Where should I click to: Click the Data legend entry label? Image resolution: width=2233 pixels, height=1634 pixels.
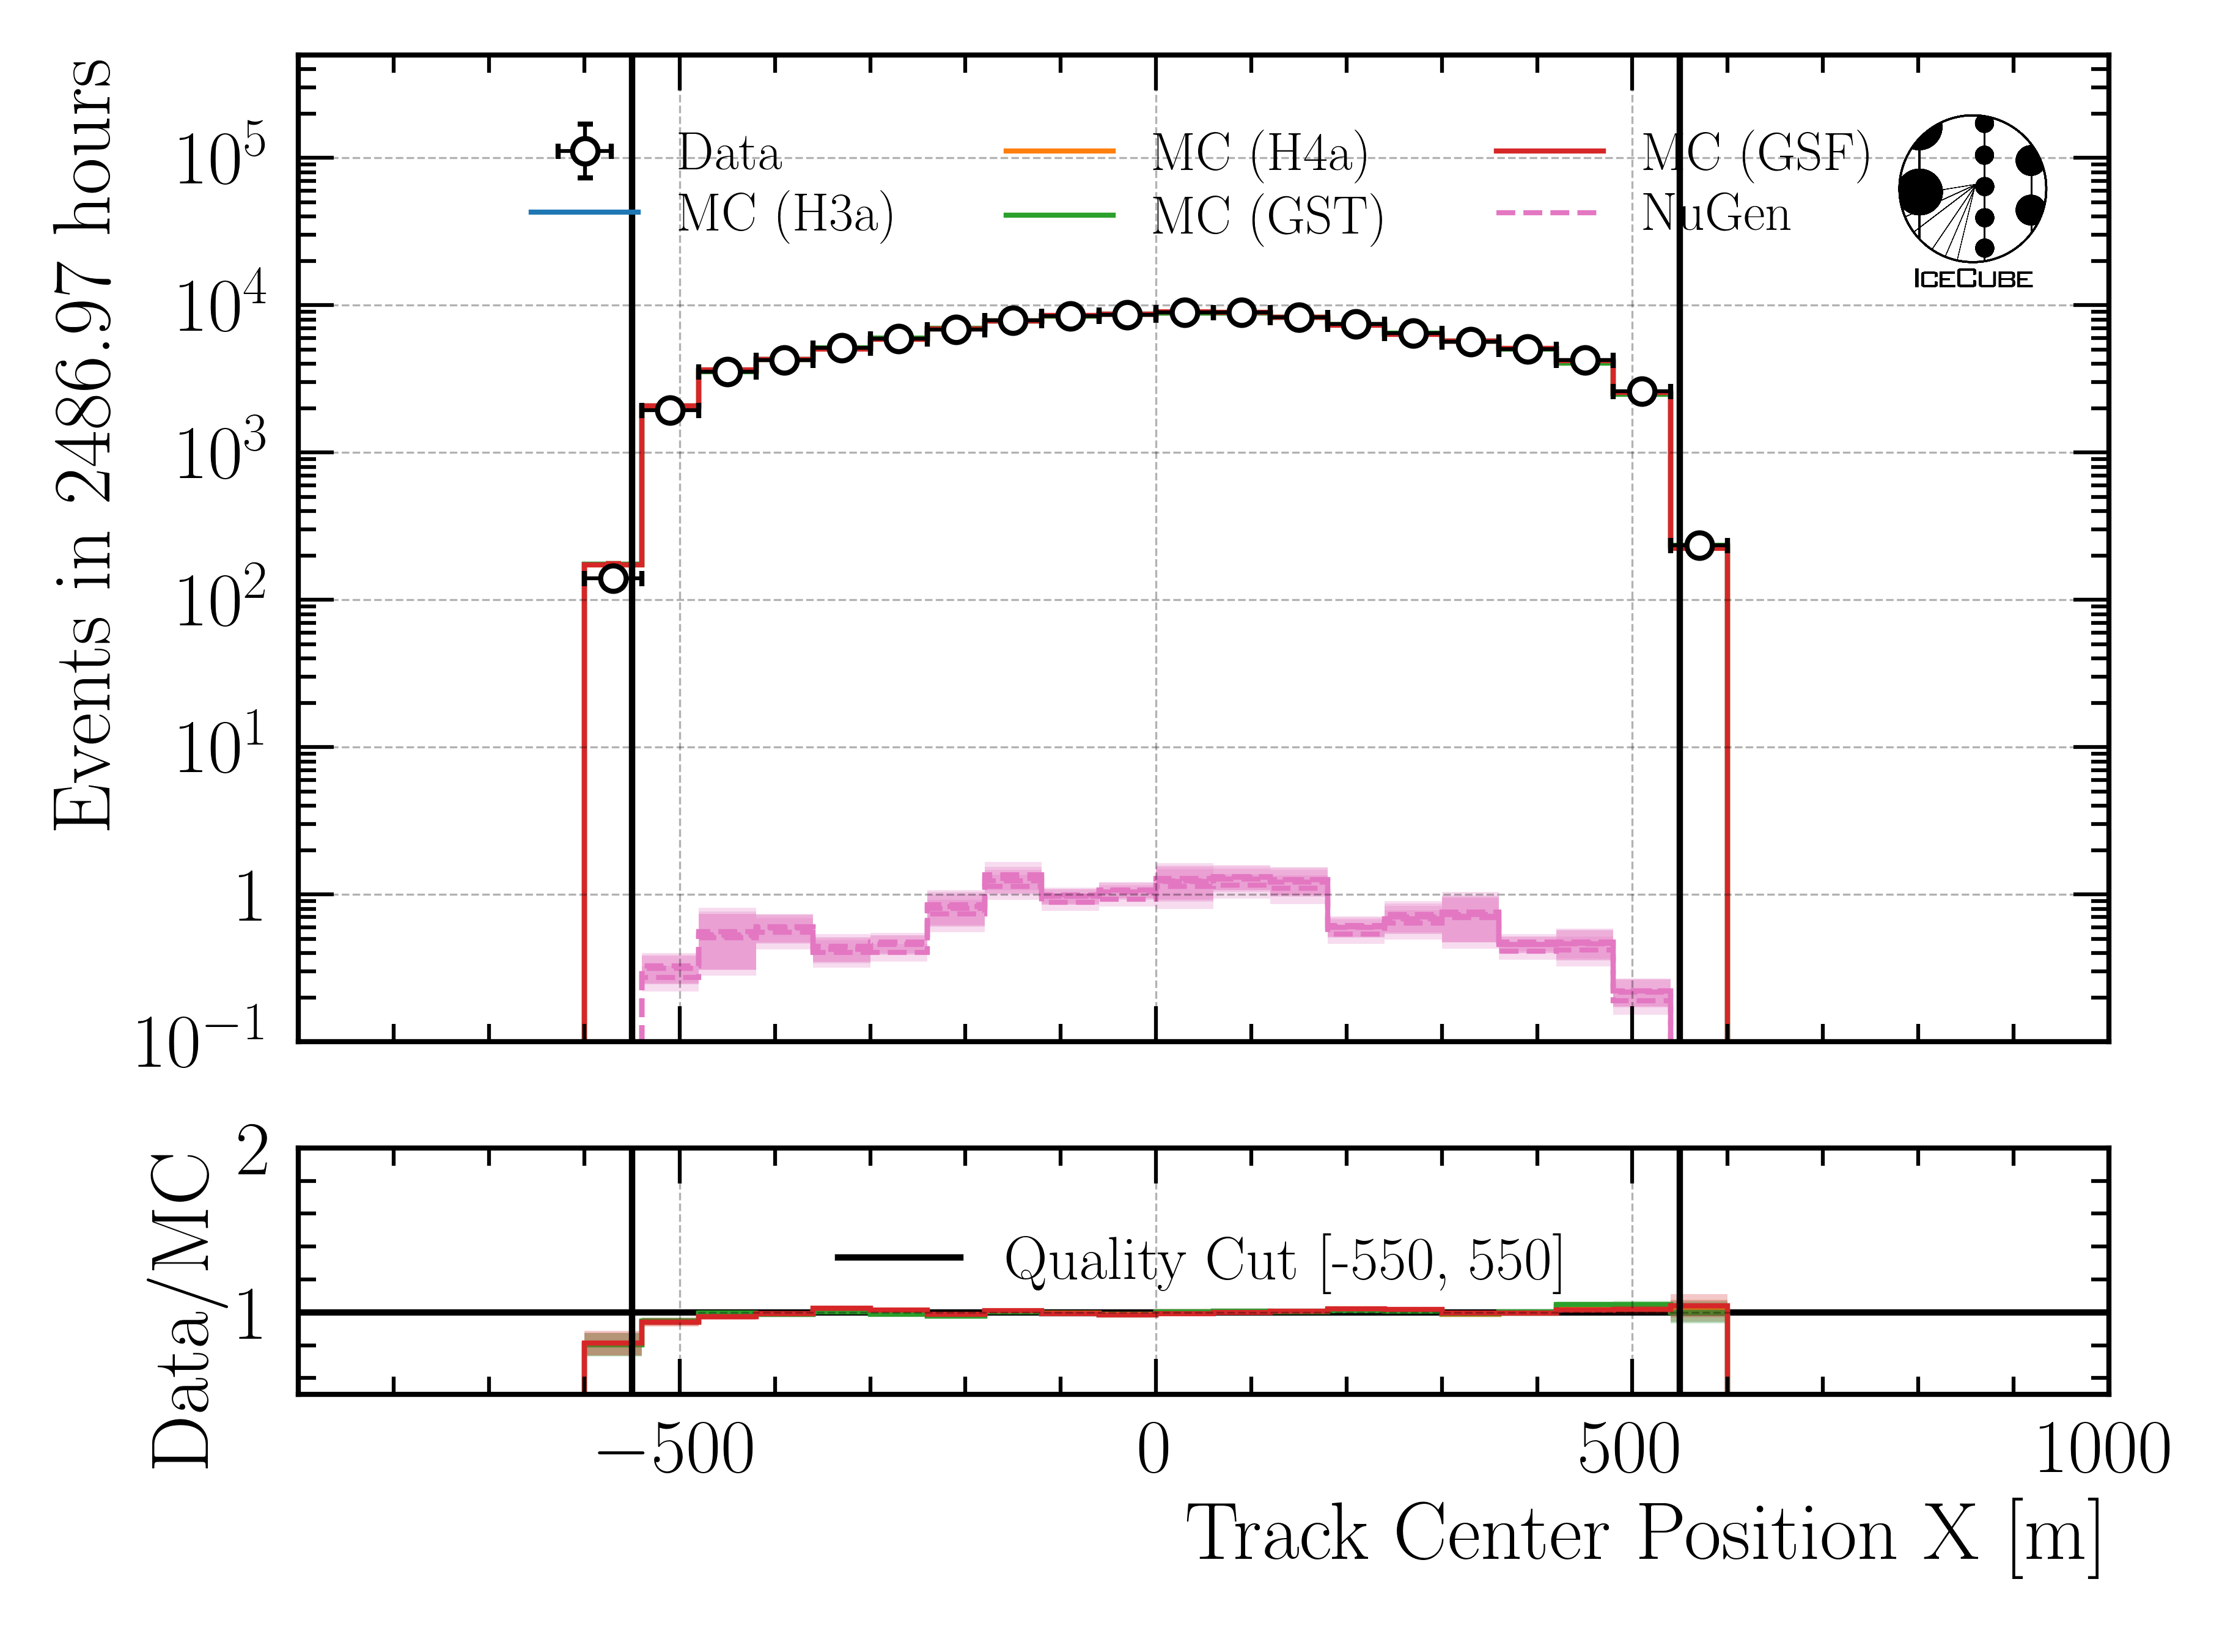(x=729, y=153)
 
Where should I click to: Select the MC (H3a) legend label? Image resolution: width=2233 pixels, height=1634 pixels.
(x=785, y=213)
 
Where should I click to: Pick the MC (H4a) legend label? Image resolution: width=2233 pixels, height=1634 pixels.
(x=1260, y=153)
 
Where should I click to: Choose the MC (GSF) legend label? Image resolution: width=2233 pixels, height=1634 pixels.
(x=1756, y=153)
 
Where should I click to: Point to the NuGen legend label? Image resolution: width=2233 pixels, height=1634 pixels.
(x=1716, y=213)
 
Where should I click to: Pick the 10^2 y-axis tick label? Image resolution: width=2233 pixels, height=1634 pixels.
(x=219, y=600)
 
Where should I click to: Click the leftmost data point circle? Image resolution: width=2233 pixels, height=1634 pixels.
(x=613, y=578)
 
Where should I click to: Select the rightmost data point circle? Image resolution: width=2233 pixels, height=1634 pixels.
(x=1698, y=545)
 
